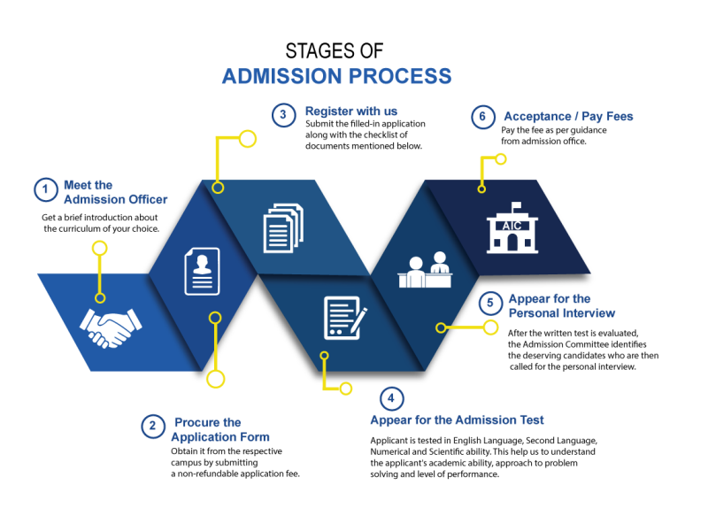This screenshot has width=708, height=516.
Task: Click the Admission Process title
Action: (x=336, y=75)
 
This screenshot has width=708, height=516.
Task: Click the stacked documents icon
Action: (x=282, y=227)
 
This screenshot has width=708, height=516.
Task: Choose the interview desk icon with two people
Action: (x=426, y=269)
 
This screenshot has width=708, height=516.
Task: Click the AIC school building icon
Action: (x=512, y=227)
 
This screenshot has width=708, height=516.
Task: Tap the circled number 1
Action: (x=44, y=190)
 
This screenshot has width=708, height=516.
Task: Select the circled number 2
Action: (x=153, y=427)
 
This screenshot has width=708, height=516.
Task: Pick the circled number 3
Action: (x=283, y=116)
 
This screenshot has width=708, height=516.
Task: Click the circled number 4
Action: (x=391, y=397)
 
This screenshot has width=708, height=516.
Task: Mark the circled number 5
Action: (x=490, y=304)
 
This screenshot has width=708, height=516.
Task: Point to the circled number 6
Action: (x=481, y=118)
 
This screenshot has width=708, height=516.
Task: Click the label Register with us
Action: (x=351, y=112)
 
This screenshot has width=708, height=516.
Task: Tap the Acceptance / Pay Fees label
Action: (x=568, y=116)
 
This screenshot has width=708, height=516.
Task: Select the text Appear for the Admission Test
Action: (x=457, y=420)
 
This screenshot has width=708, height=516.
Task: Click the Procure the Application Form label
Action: (x=219, y=429)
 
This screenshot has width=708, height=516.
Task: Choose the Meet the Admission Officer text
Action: (x=115, y=192)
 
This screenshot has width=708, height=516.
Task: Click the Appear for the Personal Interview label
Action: (x=561, y=306)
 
